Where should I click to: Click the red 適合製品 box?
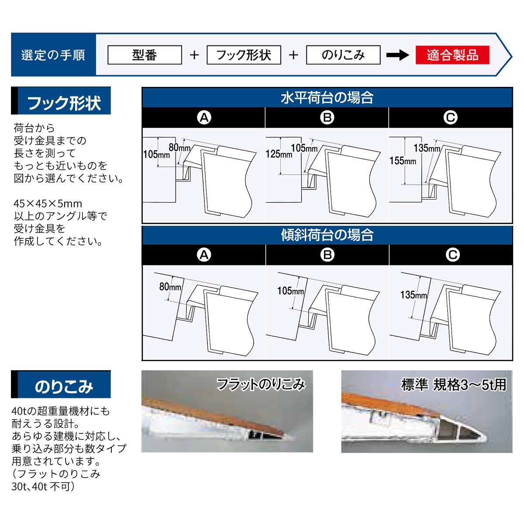452,55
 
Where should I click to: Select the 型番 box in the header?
145,55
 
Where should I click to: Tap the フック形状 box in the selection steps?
244,55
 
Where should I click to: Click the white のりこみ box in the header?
343,55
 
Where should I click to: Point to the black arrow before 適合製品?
397,55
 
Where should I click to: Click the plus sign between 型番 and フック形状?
194,55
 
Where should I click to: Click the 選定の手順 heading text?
53,55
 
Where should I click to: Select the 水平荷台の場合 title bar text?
327,98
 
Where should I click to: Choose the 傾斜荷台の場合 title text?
327,235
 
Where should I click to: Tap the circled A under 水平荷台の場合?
204,118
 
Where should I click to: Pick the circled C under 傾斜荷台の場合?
452,255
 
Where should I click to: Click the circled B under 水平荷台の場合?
327,118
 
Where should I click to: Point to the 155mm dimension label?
403,161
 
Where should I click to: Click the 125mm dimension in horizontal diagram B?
279,154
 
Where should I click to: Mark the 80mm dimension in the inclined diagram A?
170,286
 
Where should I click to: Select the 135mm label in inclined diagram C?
414,295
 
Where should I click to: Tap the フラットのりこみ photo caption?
261,385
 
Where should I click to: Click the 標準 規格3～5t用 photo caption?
454,385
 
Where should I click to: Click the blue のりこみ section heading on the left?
64,386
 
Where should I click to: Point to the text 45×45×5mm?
48,203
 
